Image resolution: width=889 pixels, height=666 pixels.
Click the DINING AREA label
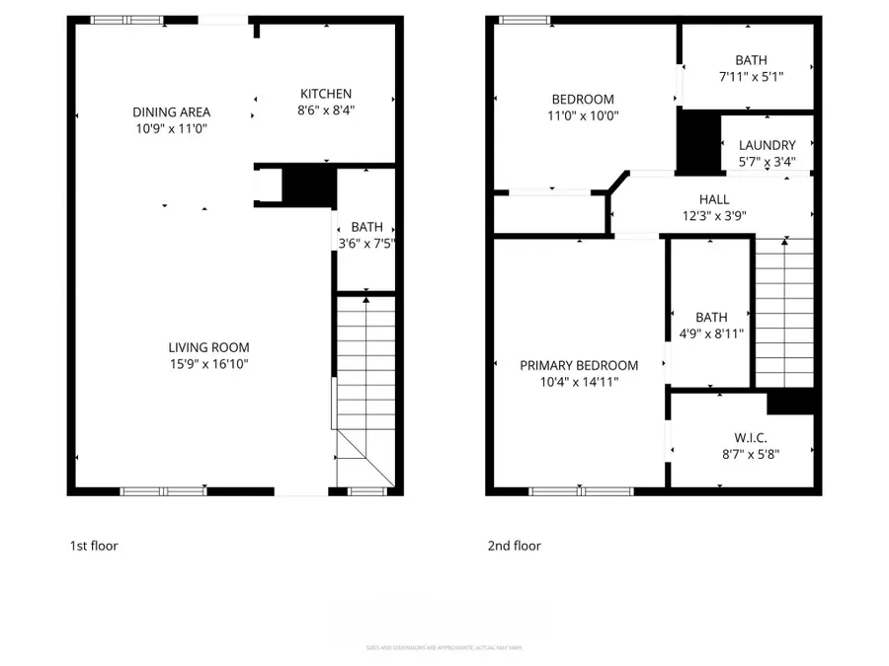pos(172,112)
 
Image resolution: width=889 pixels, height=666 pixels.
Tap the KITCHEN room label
pos(326,94)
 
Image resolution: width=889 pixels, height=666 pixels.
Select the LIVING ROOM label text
pos(208,347)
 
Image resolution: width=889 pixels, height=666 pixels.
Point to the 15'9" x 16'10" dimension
pos(208,364)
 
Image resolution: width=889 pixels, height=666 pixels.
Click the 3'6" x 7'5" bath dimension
pos(366,244)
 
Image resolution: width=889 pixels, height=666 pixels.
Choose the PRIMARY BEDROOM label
pos(579,365)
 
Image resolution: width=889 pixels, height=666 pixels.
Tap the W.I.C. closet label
pos(751,438)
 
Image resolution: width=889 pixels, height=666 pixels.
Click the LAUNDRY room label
pos(767,145)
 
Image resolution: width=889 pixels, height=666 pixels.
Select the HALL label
pos(713,198)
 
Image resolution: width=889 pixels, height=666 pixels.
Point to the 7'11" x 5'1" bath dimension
pos(751,77)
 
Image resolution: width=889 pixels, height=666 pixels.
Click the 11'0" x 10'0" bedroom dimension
pos(582,115)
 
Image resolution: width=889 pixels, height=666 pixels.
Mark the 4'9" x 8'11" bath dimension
pos(711,333)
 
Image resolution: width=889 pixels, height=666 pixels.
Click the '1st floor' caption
pos(94,546)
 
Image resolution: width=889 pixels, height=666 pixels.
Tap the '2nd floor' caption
pos(514,546)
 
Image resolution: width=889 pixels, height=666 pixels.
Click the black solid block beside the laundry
pos(698,142)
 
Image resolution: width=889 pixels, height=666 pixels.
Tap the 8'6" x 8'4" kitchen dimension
pos(326,111)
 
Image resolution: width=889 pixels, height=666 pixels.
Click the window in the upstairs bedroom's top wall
pos(524,20)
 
